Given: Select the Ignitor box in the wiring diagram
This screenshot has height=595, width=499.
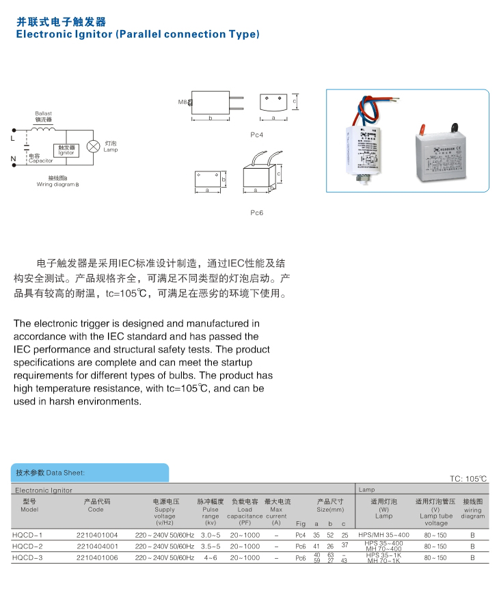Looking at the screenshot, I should point(66,150).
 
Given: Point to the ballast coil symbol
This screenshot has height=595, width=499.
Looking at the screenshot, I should point(44,128).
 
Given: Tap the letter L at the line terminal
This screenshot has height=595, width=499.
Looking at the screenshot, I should point(13,138).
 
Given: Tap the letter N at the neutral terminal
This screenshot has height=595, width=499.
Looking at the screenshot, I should point(13,161).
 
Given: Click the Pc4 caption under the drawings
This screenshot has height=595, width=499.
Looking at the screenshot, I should point(256,135).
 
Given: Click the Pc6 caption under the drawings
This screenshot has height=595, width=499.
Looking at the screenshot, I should point(256,212).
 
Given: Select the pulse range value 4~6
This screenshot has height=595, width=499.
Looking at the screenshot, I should point(210,558).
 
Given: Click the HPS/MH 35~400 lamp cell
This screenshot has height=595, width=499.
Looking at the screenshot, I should point(383,534).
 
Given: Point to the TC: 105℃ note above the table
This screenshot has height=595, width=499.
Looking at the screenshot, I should point(468,479).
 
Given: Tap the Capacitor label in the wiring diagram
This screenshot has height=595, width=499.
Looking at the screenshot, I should point(41,161).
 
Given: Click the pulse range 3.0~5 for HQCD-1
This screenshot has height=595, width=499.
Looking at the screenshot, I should point(210,534).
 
